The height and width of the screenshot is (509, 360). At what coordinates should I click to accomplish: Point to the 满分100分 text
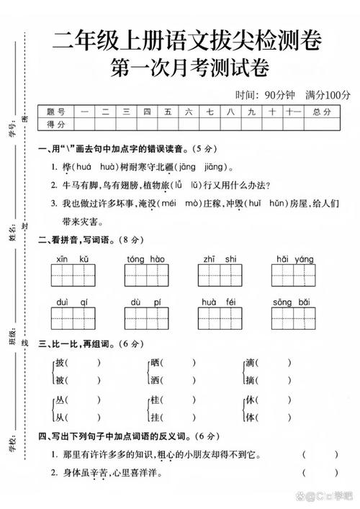(x=328, y=95)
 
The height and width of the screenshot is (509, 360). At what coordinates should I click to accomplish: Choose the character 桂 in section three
(x=155, y=400)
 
